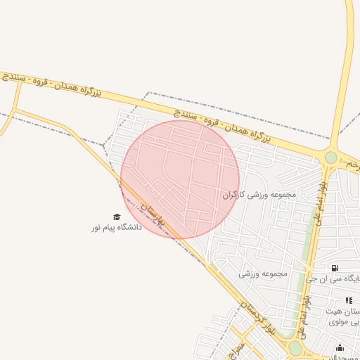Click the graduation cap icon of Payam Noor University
point(117,217)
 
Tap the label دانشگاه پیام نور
point(116,228)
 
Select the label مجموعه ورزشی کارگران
point(259,194)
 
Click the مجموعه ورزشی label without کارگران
point(263,273)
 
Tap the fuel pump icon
point(334,268)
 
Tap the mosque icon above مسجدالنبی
point(340,347)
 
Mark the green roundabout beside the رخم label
point(330,157)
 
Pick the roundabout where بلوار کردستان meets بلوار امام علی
point(295,347)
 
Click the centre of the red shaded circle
point(180,179)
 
